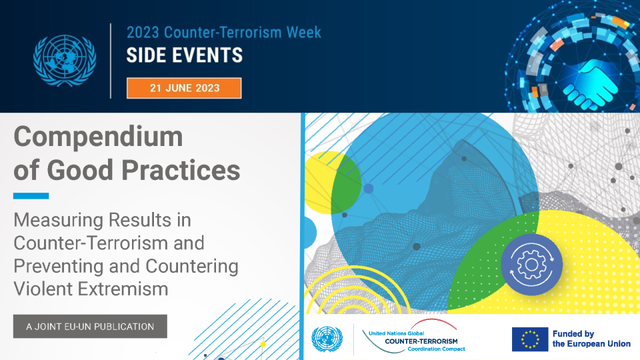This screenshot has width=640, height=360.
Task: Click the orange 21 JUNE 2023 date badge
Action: click(x=184, y=88)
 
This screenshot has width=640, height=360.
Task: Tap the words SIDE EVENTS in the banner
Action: click(x=185, y=55)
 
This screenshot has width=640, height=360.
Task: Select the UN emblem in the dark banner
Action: click(x=65, y=61)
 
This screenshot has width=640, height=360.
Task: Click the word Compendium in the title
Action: click(x=99, y=136)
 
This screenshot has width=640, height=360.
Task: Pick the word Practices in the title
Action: click(x=181, y=170)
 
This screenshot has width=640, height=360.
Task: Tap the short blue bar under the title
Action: click(x=31, y=196)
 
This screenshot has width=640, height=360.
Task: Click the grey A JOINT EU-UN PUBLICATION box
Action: click(x=90, y=327)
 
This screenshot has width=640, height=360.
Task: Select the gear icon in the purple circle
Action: click(x=531, y=265)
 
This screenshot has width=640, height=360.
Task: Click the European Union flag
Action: click(x=530, y=339)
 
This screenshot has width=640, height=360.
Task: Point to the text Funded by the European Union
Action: click(x=591, y=339)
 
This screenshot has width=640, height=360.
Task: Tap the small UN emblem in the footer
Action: click(x=327, y=339)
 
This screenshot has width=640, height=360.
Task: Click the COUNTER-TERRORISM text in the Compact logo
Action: click(x=421, y=341)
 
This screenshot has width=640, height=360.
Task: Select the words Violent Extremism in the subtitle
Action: click(x=91, y=289)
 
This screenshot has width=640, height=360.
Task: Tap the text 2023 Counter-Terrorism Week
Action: click(x=224, y=32)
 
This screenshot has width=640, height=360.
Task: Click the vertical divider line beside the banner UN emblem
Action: click(x=111, y=61)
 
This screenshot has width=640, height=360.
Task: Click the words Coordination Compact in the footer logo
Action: click(x=436, y=349)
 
